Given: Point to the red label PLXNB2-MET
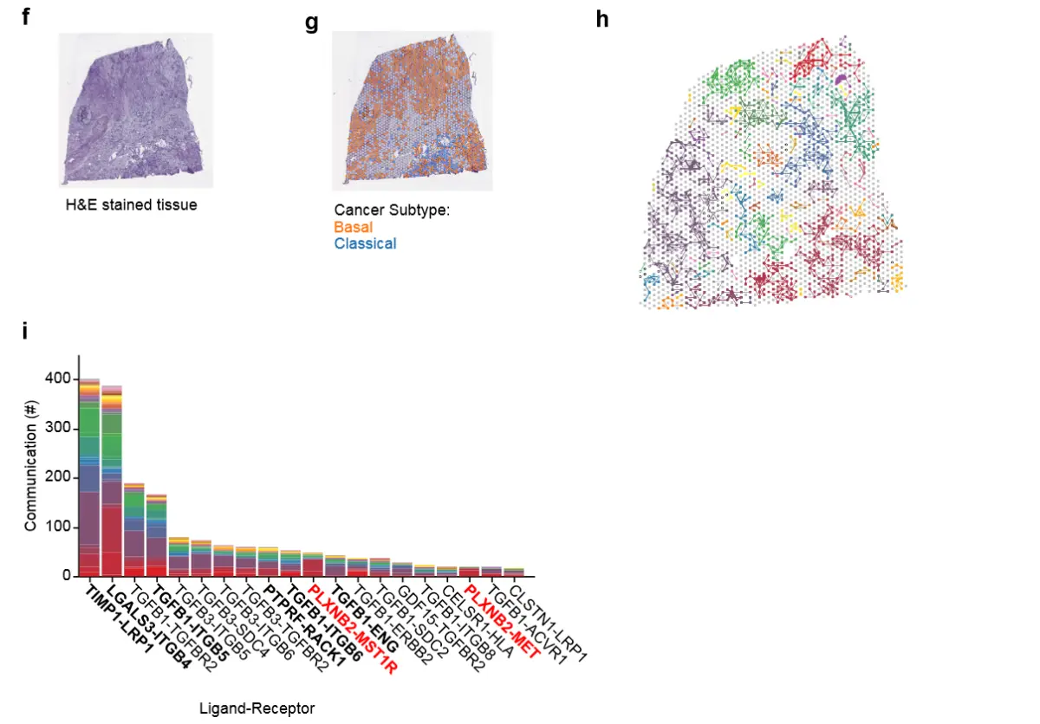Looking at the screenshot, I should [x=503, y=621].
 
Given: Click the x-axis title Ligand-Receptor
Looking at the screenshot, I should [x=257, y=708].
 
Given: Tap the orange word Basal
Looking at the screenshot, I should [x=354, y=227].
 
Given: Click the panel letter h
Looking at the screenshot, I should [x=603, y=19].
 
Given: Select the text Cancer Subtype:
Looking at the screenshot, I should [x=392, y=210].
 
